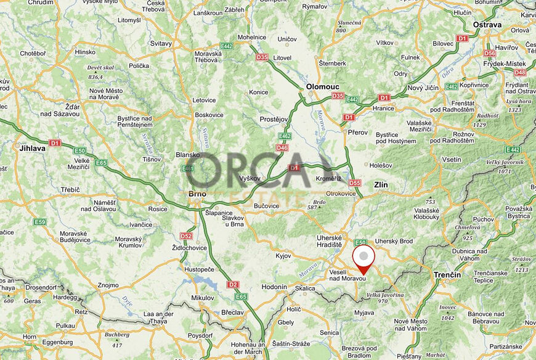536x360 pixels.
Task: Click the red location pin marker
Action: [363, 258]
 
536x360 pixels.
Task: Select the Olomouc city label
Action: [323, 87]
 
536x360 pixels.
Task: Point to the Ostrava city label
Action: [487, 25]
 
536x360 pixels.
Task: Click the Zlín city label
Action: [381, 184]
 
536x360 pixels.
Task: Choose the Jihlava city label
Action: [32, 149]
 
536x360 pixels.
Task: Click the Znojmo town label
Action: [108, 285]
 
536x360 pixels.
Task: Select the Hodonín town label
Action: [274, 287]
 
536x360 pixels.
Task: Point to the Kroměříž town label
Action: [328, 178]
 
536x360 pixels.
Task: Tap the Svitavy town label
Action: [161, 44]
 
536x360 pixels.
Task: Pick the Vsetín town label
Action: [452, 160]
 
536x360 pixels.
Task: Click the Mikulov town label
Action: [202, 298]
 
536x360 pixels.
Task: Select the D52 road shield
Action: [186, 235]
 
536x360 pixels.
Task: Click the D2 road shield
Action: [232, 284]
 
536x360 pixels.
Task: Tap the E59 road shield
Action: [40, 222]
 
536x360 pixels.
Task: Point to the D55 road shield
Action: [354, 182]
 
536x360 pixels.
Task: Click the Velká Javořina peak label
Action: [385, 295]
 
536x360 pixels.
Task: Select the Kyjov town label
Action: [283, 255]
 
